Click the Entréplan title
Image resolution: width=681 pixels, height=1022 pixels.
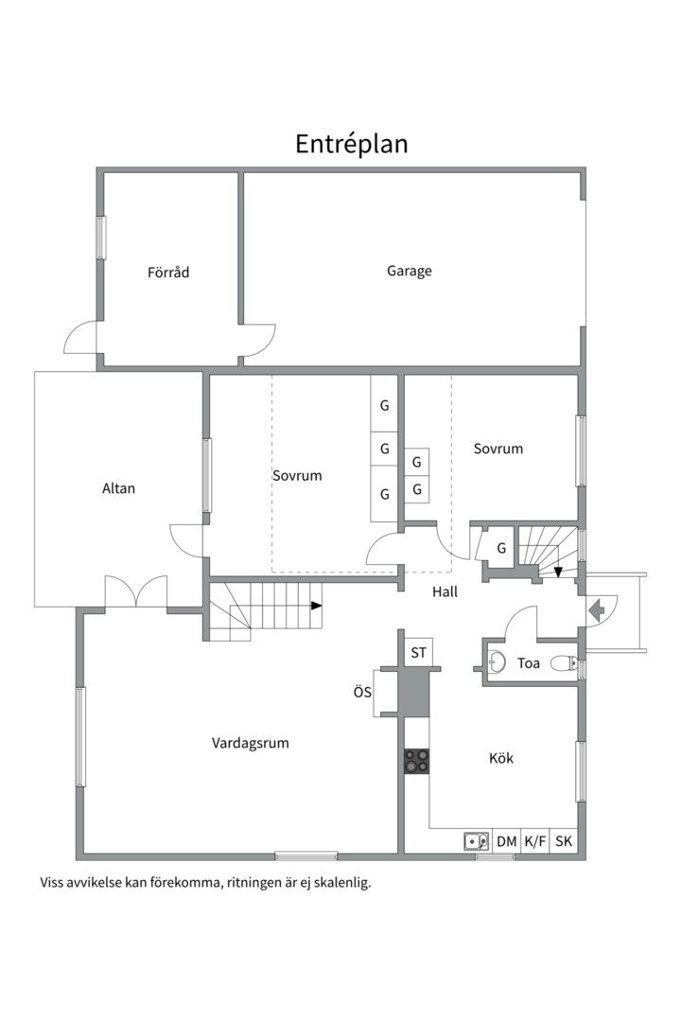351,144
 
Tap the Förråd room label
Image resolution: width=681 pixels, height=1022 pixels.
168,272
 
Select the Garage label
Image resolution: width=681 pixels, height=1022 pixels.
410,271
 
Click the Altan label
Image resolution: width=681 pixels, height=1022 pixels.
118,488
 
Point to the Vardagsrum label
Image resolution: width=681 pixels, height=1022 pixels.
251,743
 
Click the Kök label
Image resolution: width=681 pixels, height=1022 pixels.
501,758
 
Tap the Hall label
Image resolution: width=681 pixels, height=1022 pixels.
445,591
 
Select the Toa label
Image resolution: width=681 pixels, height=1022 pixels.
529,663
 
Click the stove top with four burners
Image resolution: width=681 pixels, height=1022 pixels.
416,761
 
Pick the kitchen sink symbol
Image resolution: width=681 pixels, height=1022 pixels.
477,841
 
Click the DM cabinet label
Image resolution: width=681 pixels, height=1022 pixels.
506,841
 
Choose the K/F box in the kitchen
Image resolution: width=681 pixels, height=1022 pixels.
535,841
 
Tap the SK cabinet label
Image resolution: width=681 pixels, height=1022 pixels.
564,841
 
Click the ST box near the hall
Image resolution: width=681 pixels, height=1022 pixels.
418,652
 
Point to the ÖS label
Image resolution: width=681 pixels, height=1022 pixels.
363,692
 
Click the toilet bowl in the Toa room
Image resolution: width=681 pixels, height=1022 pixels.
564,664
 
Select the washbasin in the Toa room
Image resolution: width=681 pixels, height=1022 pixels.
498,662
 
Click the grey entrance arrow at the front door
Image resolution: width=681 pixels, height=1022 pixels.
596,610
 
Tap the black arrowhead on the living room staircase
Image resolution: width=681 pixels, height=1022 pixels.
316,606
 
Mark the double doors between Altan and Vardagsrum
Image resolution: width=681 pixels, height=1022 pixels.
136,591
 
